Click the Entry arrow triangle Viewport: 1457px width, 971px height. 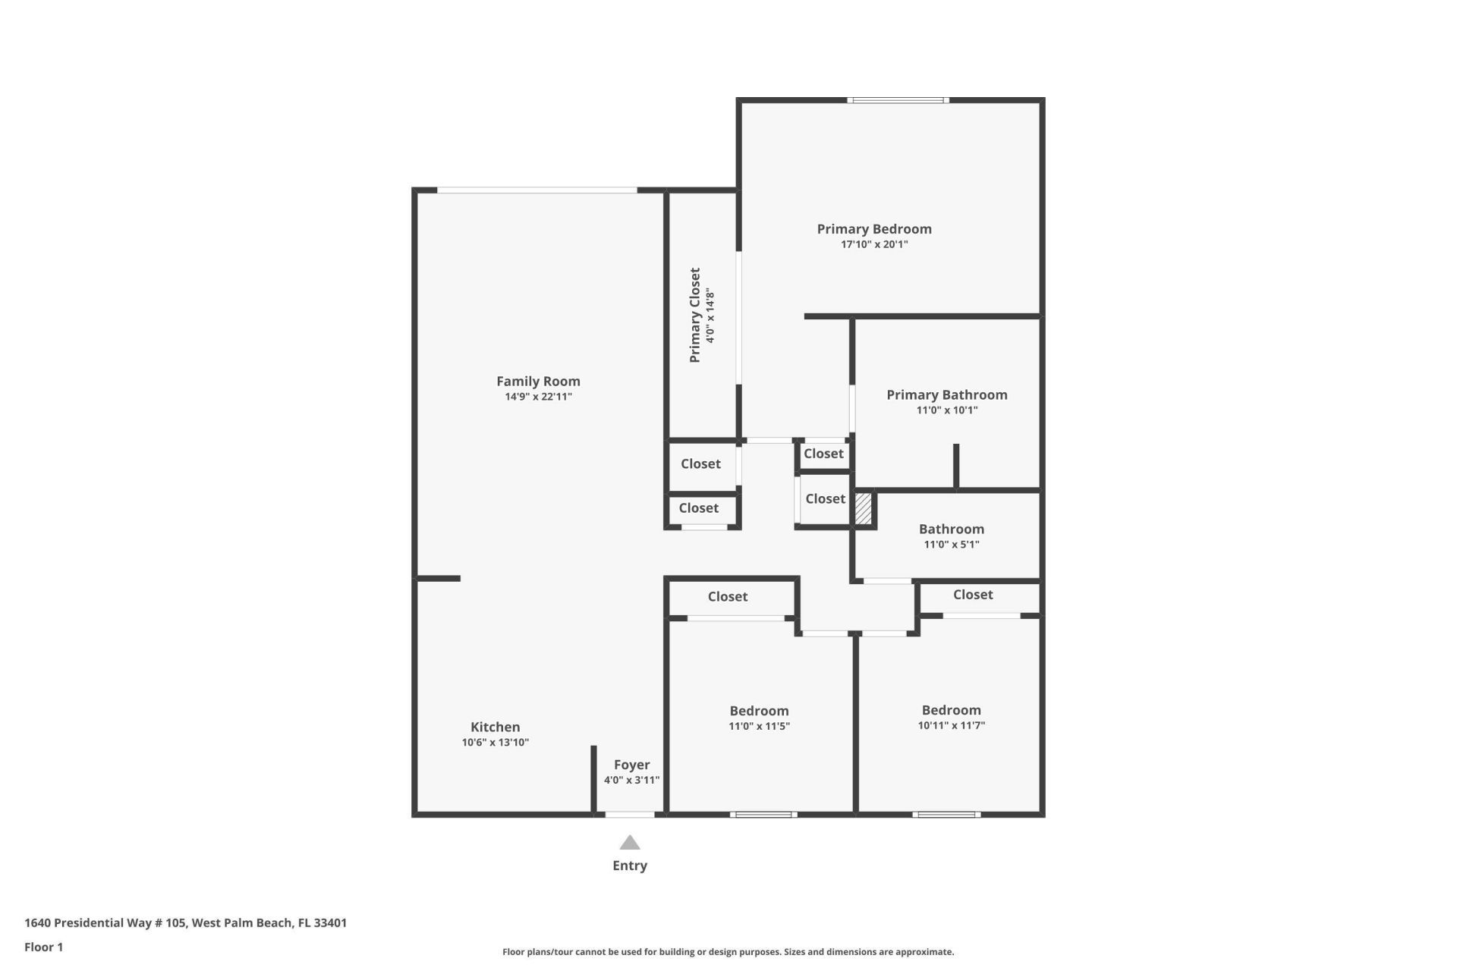630,843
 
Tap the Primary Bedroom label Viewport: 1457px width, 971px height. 874,229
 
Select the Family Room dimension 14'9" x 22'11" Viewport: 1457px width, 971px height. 538,397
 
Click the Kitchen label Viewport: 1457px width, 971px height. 495,727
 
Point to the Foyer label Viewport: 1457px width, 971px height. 631,765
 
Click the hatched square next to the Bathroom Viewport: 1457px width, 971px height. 864,508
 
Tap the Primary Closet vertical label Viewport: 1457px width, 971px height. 694,315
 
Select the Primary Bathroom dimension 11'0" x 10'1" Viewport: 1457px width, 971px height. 947,410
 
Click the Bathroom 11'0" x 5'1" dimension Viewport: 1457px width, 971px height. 952,545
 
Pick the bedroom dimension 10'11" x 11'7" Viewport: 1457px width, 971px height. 952,725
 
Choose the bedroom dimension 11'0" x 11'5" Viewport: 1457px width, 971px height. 759,726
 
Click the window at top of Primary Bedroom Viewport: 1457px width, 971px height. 898,100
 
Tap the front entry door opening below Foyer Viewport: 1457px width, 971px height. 629,815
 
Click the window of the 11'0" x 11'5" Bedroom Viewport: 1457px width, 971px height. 763,815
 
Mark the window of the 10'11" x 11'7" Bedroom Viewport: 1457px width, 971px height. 946,815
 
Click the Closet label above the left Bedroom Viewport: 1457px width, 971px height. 727,597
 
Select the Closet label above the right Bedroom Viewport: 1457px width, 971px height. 973,595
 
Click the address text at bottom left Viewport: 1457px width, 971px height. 186,923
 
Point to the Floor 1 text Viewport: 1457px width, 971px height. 44,947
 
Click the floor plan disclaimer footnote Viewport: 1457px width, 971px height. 728,952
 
